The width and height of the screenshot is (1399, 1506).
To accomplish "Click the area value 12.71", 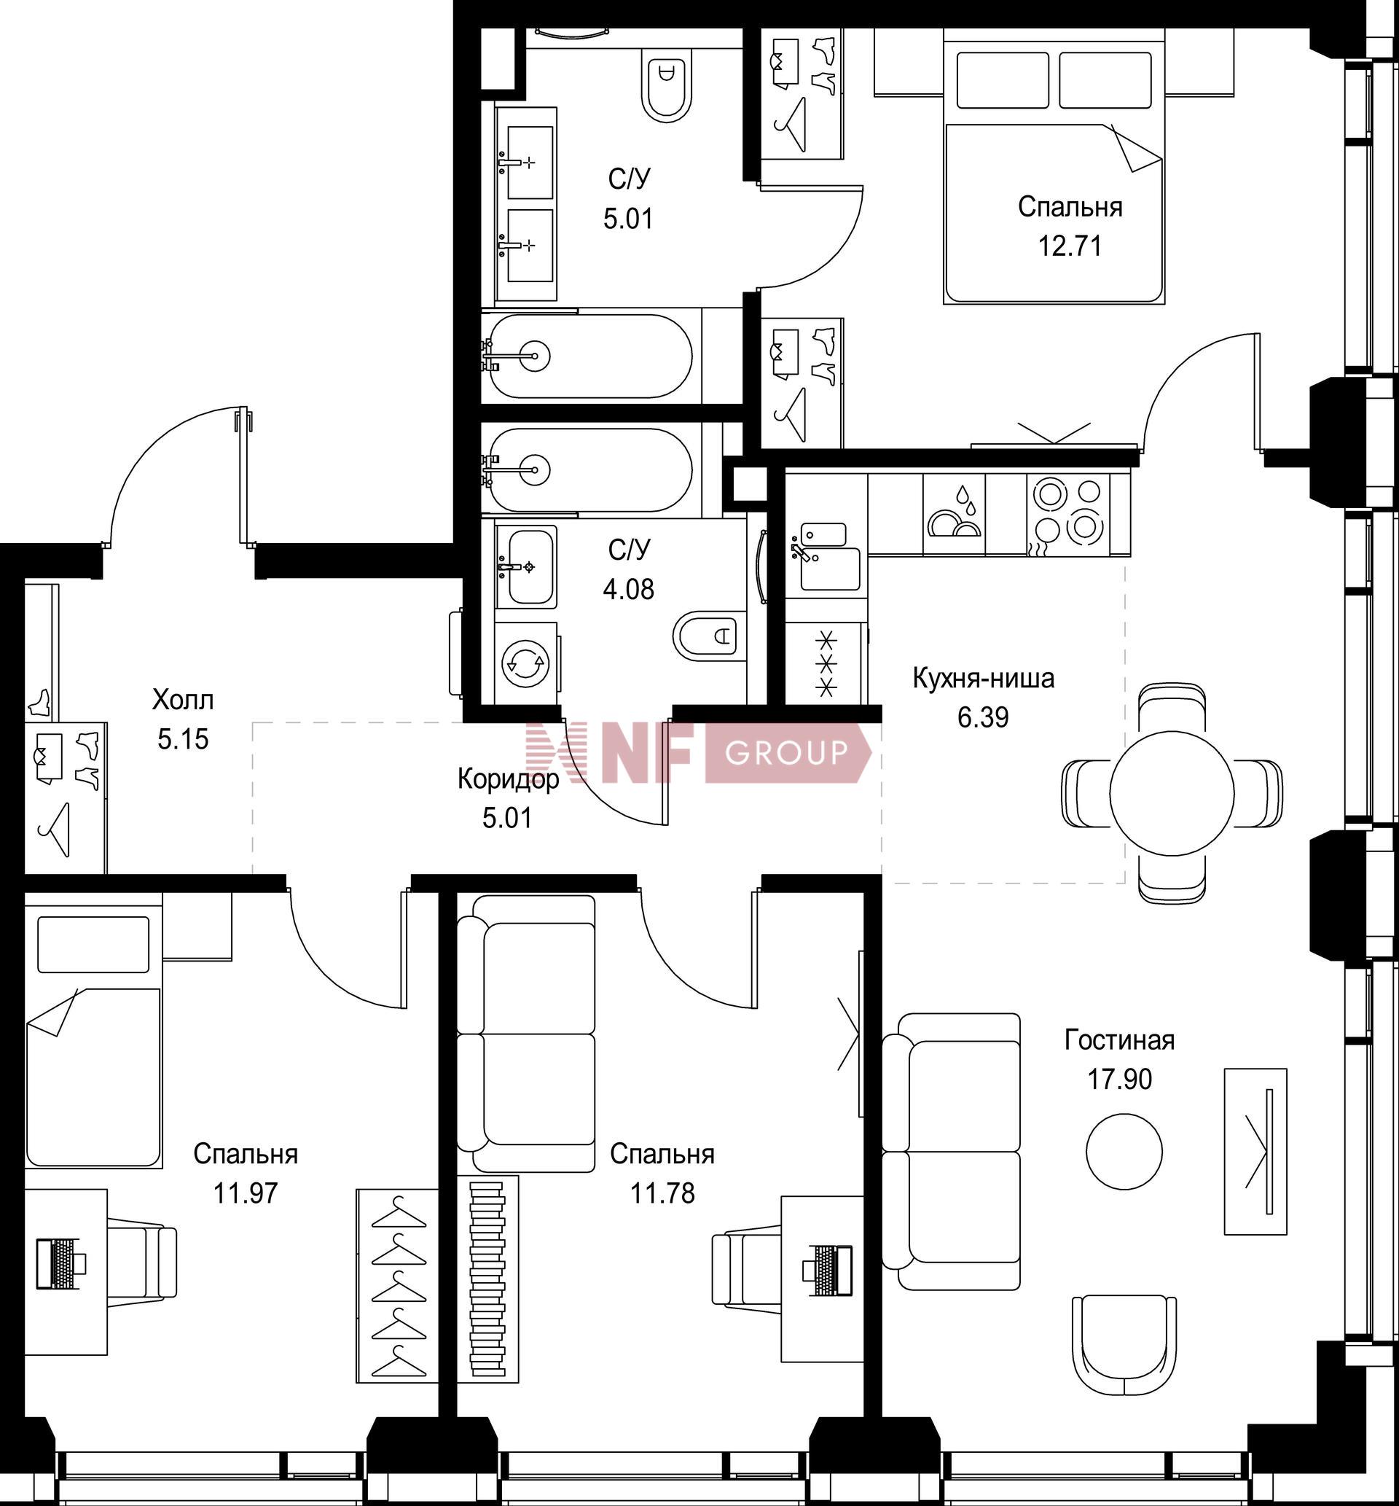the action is click(x=1069, y=246).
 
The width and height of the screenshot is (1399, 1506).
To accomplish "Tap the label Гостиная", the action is click(x=1120, y=1040).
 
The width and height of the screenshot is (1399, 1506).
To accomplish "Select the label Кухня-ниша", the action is click(x=984, y=679).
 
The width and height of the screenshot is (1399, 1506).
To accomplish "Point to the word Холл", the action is click(x=183, y=700).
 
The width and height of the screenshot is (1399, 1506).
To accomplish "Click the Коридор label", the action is click(x=508, y=779).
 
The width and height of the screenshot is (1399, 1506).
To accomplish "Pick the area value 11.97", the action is click(x=246, y=1194).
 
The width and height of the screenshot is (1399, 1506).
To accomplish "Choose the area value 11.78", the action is click(x=662, y=1194).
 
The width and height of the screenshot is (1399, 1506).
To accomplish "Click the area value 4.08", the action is click(x=628, y=589).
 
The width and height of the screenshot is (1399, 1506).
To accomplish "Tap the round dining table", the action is click(x=1172, y=794).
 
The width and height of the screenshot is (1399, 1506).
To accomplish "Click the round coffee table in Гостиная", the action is click(x=1124, y=1151).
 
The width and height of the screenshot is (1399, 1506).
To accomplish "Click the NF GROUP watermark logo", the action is click(x=698, y=752).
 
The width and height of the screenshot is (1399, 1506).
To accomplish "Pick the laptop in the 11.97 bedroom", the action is click(x=60, y=1263).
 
